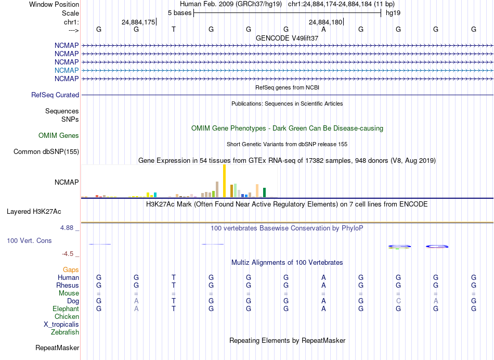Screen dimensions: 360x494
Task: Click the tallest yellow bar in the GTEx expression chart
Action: (224, 181)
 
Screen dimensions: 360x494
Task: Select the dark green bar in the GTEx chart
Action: (264, 192)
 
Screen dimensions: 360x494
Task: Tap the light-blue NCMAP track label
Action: (67, 70)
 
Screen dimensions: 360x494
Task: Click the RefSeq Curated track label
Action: (55, 95)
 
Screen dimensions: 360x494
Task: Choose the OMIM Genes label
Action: (59, 136)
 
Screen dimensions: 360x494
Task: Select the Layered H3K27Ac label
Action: (34, 212)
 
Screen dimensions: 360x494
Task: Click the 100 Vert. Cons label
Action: (29, 241)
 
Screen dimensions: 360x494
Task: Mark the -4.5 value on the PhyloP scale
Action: (69, 254)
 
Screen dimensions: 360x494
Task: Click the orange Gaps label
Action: (71, 270)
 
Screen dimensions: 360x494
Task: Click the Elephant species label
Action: (66, 309)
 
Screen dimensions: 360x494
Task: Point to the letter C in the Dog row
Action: (398, 301)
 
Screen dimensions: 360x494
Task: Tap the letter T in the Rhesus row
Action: (174, 286)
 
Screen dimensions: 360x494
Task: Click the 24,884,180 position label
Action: (326, 22)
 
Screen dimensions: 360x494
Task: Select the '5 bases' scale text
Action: (179, 12)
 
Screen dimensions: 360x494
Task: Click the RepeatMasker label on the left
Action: (57, 348)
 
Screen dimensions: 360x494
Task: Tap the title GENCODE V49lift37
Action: (287, 38)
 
